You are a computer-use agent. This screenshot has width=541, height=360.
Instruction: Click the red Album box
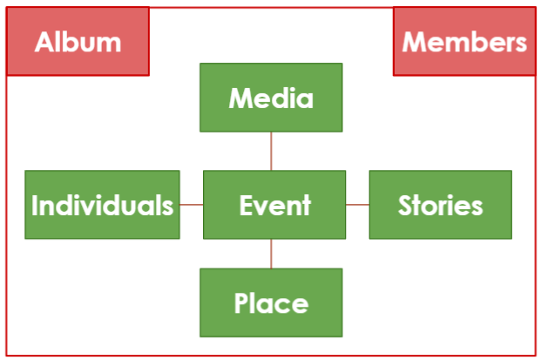[x=78, y=41]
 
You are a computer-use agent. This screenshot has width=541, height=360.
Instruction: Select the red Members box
[x=464, y=41]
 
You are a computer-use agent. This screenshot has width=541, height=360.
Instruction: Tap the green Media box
[x=270, y=98]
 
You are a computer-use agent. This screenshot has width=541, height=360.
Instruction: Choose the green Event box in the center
[x=274, y=205]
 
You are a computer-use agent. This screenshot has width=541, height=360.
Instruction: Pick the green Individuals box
[x=102, y=205]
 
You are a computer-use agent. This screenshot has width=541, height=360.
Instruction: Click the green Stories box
[x=440, y=205]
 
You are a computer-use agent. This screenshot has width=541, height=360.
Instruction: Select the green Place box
[x=270, y=302]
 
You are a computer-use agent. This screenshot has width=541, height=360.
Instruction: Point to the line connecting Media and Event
[x=271, y=151]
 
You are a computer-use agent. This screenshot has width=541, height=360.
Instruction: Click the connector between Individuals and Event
[x=191, y=205]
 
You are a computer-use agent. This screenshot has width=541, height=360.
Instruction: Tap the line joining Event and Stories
[x=357, y=205]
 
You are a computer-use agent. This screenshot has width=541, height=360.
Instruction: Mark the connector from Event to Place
[x=271, y=253]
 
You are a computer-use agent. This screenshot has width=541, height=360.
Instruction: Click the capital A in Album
[x=44, y=42]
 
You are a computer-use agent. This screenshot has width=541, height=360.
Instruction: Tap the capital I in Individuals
[x=36, y=206]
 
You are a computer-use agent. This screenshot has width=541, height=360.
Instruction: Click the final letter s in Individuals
[x=167, y=207]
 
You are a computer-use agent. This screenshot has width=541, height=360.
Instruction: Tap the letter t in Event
[x=305, y=206]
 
